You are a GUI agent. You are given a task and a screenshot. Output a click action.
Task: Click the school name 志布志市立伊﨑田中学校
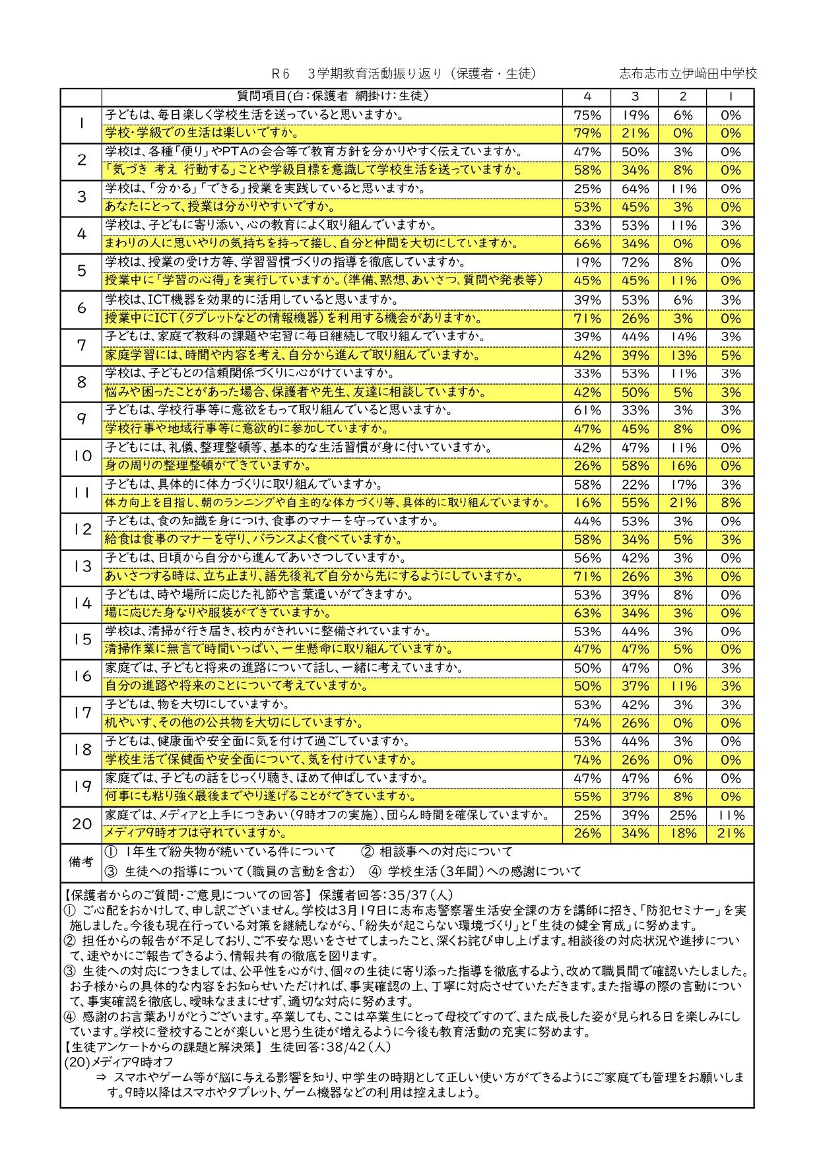[688, 74]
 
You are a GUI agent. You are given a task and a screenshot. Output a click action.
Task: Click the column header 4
[587, 96]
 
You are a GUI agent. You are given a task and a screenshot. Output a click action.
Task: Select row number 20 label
[81, 823]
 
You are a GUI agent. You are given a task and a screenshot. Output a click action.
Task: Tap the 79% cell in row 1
[587, 133]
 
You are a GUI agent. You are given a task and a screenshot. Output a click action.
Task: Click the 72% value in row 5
[635, 262]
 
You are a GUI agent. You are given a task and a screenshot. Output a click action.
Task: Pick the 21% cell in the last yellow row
[730, 833]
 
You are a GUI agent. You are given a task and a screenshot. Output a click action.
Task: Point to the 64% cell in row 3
[635, 189]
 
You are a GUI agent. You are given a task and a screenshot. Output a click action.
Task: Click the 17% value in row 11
[682, 484]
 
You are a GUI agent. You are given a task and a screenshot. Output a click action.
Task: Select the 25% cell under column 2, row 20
[682, 815]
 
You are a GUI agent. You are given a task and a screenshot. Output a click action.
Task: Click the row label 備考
[81, 862]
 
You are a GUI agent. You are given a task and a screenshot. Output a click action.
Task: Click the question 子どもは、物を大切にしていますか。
[197, 705]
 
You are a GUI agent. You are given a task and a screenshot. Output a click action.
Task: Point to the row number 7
[81, 345]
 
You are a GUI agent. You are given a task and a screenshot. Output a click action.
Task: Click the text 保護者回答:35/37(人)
[385, 895]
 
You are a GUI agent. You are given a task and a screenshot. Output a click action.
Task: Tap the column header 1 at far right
[730, 96]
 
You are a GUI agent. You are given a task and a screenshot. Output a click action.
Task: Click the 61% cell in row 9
[587, 410]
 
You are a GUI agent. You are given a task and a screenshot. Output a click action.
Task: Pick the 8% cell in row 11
[730, 503]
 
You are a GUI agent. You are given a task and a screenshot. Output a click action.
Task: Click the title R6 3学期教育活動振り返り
[403, 74]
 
